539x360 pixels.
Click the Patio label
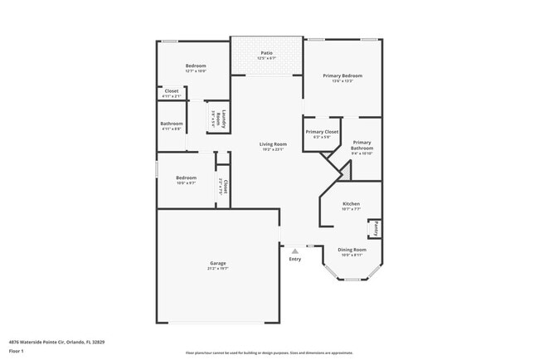click(x=266, y=53)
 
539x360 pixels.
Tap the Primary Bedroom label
click(x=342, y=75)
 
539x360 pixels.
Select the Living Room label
click(x=274, y=144)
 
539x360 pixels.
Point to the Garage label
click(x=218, y=265)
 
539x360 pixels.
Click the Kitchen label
click(x=352, y=204)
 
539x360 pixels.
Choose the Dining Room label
click(x=352, y=249)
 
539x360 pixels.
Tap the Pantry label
click(x=375, y=226)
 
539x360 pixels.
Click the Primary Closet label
click(x=322, y=132)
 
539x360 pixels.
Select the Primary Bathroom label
click(x=362, y=145)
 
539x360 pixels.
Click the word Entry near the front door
click(x=295, y=260)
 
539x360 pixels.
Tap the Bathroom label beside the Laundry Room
click(x=172, y=124)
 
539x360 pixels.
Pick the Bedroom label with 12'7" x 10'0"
click(x=196, y=66)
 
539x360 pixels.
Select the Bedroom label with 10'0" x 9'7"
click(x=186, y=178)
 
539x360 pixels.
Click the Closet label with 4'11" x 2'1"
click(x=172, y=90)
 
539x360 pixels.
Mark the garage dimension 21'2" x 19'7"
click(x=218, y=270)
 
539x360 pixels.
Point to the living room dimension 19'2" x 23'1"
click(x=274, y=149)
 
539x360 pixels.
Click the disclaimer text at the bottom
click(x=269, y=353)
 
